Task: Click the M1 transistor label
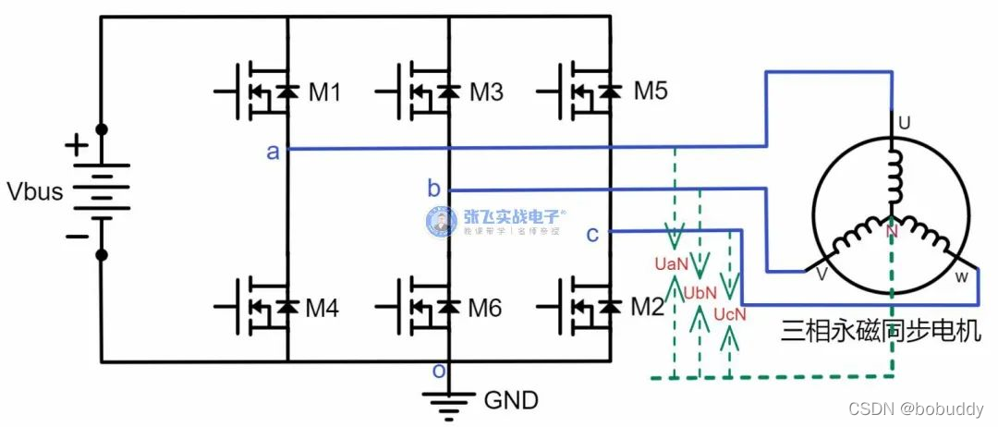[x=325, y=92]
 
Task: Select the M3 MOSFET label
[x=486, y=92]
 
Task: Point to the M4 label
[x=323, y=309]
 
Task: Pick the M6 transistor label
[x=486, y=309]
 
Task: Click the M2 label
[x=648, y=307]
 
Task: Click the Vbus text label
[x=34, y=192]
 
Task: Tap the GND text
[x=511, y=401]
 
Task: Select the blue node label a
[x=273, y=152]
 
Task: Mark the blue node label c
[x=592, y=234]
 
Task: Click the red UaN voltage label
[x=671, y=264]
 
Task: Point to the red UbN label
[x=700, y=293]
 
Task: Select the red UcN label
[x=729, y=315]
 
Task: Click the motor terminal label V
[x=821, y=274]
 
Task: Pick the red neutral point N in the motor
[x=892, y=232]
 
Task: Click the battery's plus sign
[x=77, y=146]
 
